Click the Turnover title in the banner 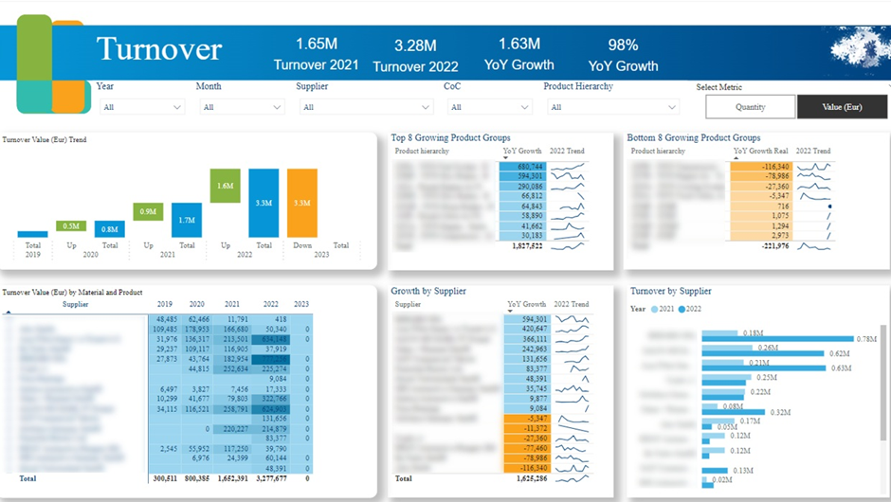point(159,49)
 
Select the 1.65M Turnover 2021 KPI point(317,54)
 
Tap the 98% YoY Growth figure point(623,54)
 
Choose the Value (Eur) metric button point(842,107)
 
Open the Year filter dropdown point(141,107)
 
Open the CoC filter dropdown point(488,107)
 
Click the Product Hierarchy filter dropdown point(612,107)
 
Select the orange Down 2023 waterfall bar point(301,203)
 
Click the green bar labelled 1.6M point(225,186)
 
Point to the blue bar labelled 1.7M point(186,220)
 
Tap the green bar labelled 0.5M point(71,225)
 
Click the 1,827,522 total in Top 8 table point(522,245)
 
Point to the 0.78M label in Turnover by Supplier point(866,339)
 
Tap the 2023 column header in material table point(301,305)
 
